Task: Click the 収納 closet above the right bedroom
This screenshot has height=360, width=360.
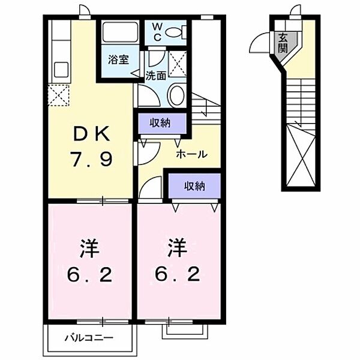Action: (x=194, y=186)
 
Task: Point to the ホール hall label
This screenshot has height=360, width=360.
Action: (x=191, y=154)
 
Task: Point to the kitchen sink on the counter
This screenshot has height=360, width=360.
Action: (x=61, y=69)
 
